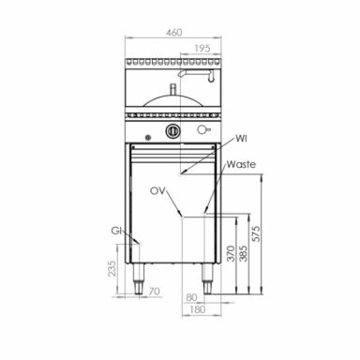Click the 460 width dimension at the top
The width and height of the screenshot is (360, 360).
tap(173, 32)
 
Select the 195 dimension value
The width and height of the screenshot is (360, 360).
tap(202, 49)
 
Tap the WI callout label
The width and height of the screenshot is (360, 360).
tap(241, 138)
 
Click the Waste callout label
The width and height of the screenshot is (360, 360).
tap(241, 164)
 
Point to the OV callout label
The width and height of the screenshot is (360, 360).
tap(157, 191)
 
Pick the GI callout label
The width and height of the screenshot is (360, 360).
tap(116, 231)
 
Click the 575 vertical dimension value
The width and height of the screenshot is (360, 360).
tap(256, 233)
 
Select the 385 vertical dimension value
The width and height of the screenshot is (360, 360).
tap(243, 253)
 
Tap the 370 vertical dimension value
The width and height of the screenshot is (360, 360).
tap(231, 253)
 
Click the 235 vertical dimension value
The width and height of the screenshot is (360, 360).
tap(112, 268)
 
